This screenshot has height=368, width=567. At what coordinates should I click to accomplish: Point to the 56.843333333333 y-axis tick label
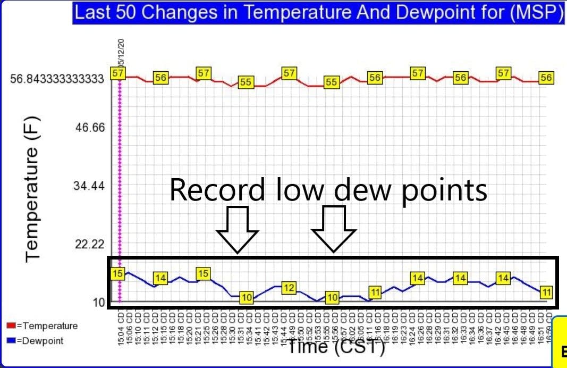57,79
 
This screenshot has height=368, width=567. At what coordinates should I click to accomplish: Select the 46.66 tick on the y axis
90,128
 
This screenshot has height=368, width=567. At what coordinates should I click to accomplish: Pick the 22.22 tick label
90,245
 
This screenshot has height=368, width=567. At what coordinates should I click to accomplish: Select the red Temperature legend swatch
10,326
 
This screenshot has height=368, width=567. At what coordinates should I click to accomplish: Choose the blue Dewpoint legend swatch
10,340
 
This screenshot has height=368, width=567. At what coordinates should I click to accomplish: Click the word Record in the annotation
217,190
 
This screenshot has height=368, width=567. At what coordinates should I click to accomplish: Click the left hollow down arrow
237,229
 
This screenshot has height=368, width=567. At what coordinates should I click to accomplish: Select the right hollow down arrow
334,229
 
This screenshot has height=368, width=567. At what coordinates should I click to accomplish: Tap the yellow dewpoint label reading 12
289,288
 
